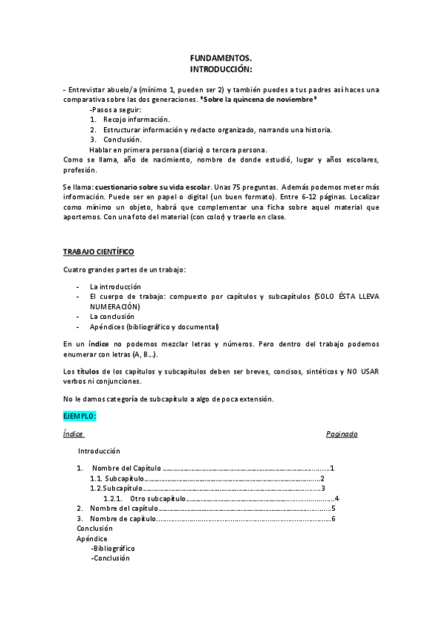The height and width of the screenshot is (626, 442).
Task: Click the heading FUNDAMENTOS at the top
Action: tap(221, 58)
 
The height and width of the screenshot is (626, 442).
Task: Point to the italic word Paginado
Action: tap(342, 434)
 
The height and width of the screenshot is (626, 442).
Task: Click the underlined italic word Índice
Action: tap(74, 434)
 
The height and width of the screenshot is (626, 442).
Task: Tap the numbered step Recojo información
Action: tap(136, 119)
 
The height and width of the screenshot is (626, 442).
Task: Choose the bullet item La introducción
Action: tap(115, 286)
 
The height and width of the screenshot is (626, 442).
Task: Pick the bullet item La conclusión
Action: tap(113, 316)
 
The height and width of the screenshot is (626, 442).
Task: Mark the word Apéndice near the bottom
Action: tap(92, 539)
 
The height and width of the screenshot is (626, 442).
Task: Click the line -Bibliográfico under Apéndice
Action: tap(113, 548)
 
